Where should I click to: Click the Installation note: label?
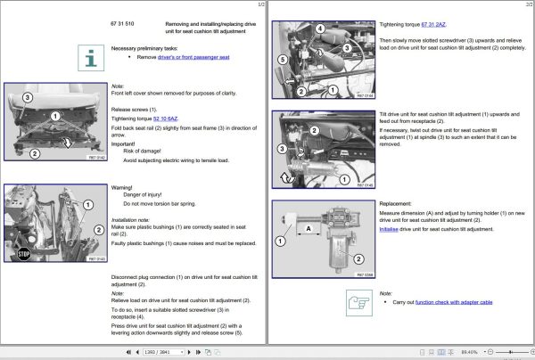(x=130, y=218)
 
